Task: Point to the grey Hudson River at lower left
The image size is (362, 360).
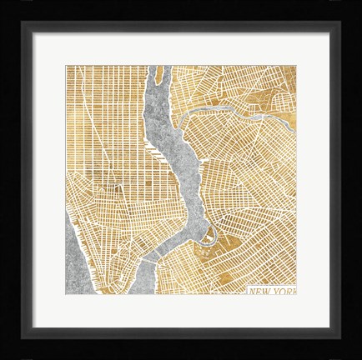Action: pyautogui.click(x=76, y=250)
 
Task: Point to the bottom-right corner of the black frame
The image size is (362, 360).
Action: pyautogui.click(x=359, y=357)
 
